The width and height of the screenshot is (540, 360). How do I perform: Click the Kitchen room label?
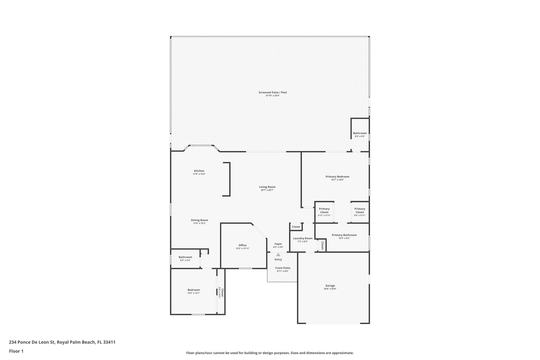point(199,171)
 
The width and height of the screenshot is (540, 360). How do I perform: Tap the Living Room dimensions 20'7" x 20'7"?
point(267,190)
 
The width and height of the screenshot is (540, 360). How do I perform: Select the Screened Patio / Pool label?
point(272,92)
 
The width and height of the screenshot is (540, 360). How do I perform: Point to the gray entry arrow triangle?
point(278,255)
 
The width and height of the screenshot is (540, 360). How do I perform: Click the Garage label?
point(330,286)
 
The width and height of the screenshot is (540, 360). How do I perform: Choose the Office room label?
point(242,245)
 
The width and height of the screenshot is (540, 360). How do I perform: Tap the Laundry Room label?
point(302,238)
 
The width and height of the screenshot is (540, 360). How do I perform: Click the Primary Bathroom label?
point(344,235)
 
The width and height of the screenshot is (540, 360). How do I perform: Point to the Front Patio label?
point(283,268)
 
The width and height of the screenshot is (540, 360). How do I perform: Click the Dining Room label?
point(199,220)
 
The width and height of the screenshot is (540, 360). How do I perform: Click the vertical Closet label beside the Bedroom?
point(222,292)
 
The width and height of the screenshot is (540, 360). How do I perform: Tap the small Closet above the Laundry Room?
point(296,227)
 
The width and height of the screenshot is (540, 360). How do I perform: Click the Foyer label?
point(278,244)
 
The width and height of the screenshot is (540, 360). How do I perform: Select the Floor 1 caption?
point(16,351)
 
